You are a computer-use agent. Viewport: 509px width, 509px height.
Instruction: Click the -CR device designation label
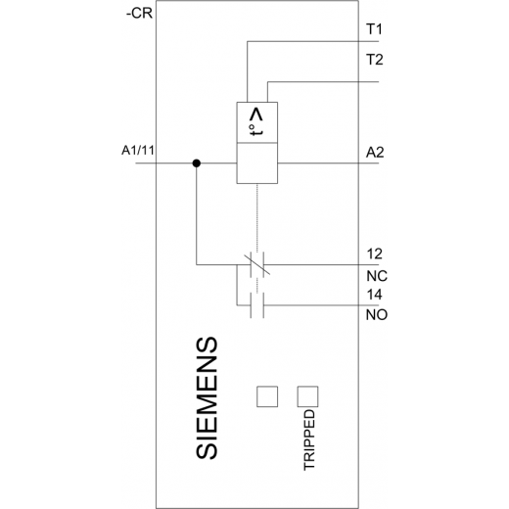pos(139,14)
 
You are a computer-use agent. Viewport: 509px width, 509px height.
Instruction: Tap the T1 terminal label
pos(374,29)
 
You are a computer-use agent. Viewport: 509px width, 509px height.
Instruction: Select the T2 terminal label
pos(375,60)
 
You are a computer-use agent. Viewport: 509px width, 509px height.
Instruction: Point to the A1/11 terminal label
pos(138,151)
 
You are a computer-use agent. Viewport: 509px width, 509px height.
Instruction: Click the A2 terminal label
pos(375,153)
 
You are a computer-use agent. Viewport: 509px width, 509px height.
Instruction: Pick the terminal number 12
pos(374,254)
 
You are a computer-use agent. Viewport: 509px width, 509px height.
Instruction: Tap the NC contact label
pos(377,276)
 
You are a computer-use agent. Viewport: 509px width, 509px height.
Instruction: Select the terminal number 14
pos(374,295)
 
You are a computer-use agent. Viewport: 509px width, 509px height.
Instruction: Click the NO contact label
pos(377,315)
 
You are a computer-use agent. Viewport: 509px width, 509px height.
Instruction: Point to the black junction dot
pos(196,163)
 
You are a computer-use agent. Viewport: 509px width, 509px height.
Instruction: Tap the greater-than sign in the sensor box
pos(256,116)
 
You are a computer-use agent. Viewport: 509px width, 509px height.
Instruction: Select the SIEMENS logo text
pos(207,397)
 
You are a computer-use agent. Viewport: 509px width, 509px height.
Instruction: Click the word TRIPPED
pos(309,440)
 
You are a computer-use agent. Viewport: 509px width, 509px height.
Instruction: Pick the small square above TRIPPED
pos(307,396)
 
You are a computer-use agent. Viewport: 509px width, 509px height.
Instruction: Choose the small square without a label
pos(267,396)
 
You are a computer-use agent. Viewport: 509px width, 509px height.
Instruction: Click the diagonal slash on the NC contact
pos(257,264)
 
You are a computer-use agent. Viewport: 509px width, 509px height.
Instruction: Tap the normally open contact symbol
pos(257,305)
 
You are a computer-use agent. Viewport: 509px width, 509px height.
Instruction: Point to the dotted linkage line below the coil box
pos(257,218)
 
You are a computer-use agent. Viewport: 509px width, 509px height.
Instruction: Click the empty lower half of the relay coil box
pos(257,163)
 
